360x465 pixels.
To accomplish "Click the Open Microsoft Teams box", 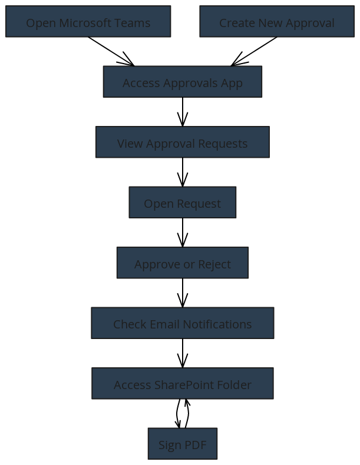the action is click(88, 21).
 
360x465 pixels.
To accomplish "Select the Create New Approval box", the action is click(277, 21).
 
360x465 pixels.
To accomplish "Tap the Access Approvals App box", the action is click(183, 82).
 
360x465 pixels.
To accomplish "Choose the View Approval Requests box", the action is click(183, 142).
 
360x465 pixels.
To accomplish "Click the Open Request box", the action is click(183, 202).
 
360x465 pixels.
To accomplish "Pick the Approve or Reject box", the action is click(183, 263).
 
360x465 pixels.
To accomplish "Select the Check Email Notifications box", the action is click(183, 323).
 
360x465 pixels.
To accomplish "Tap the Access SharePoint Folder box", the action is click(183, 383).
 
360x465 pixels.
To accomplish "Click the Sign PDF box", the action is click(183, 444).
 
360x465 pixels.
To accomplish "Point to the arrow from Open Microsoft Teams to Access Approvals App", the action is click(111, 51).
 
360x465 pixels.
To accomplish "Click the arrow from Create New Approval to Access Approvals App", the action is click(254, 51).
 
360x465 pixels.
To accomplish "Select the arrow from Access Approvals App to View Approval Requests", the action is click(183, 112).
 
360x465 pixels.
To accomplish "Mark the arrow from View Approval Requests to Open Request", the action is click(183, 172).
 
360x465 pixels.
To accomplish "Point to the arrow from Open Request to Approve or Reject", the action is click(183, 232).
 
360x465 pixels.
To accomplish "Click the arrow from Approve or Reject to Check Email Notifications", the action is click(183, 293).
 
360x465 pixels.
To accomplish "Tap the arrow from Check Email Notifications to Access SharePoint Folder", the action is click(183, 353).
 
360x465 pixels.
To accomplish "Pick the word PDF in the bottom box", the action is click(195, 445).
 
